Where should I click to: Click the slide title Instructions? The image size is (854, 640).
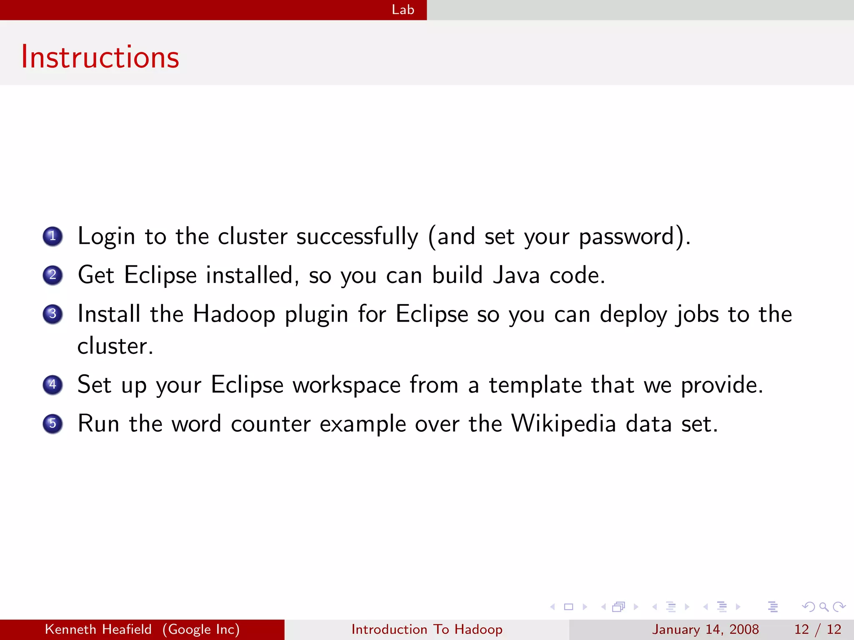click(x=100, y=57)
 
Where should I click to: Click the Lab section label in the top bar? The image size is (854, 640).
click(x=403, y=10)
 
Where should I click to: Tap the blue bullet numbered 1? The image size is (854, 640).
click(x=53, y=236)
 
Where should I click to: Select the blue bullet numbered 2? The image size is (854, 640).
click(x=53, y=275)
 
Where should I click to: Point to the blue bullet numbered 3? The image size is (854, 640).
click(x=53, y=314)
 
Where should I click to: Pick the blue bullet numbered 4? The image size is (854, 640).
click(x=53, y=385)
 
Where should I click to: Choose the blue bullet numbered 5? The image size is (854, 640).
click(x=53, y=424)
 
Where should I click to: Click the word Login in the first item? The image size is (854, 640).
click(x=106, y=237)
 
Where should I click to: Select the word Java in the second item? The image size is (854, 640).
click(x=516, y=275)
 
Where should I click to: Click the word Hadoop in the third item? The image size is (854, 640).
click(x=234, y=314)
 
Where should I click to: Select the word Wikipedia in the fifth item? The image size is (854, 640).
click(x=564, y=424)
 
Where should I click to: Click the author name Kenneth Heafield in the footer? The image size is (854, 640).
click(x=98, y=629)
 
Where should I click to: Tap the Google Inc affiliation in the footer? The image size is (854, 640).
click(x=201, y=629)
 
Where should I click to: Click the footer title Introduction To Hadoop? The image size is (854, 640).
click(x=427, y=629)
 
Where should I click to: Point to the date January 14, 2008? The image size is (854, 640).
click(x=706, y=629)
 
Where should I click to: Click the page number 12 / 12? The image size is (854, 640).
click(x=817, y=629)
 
